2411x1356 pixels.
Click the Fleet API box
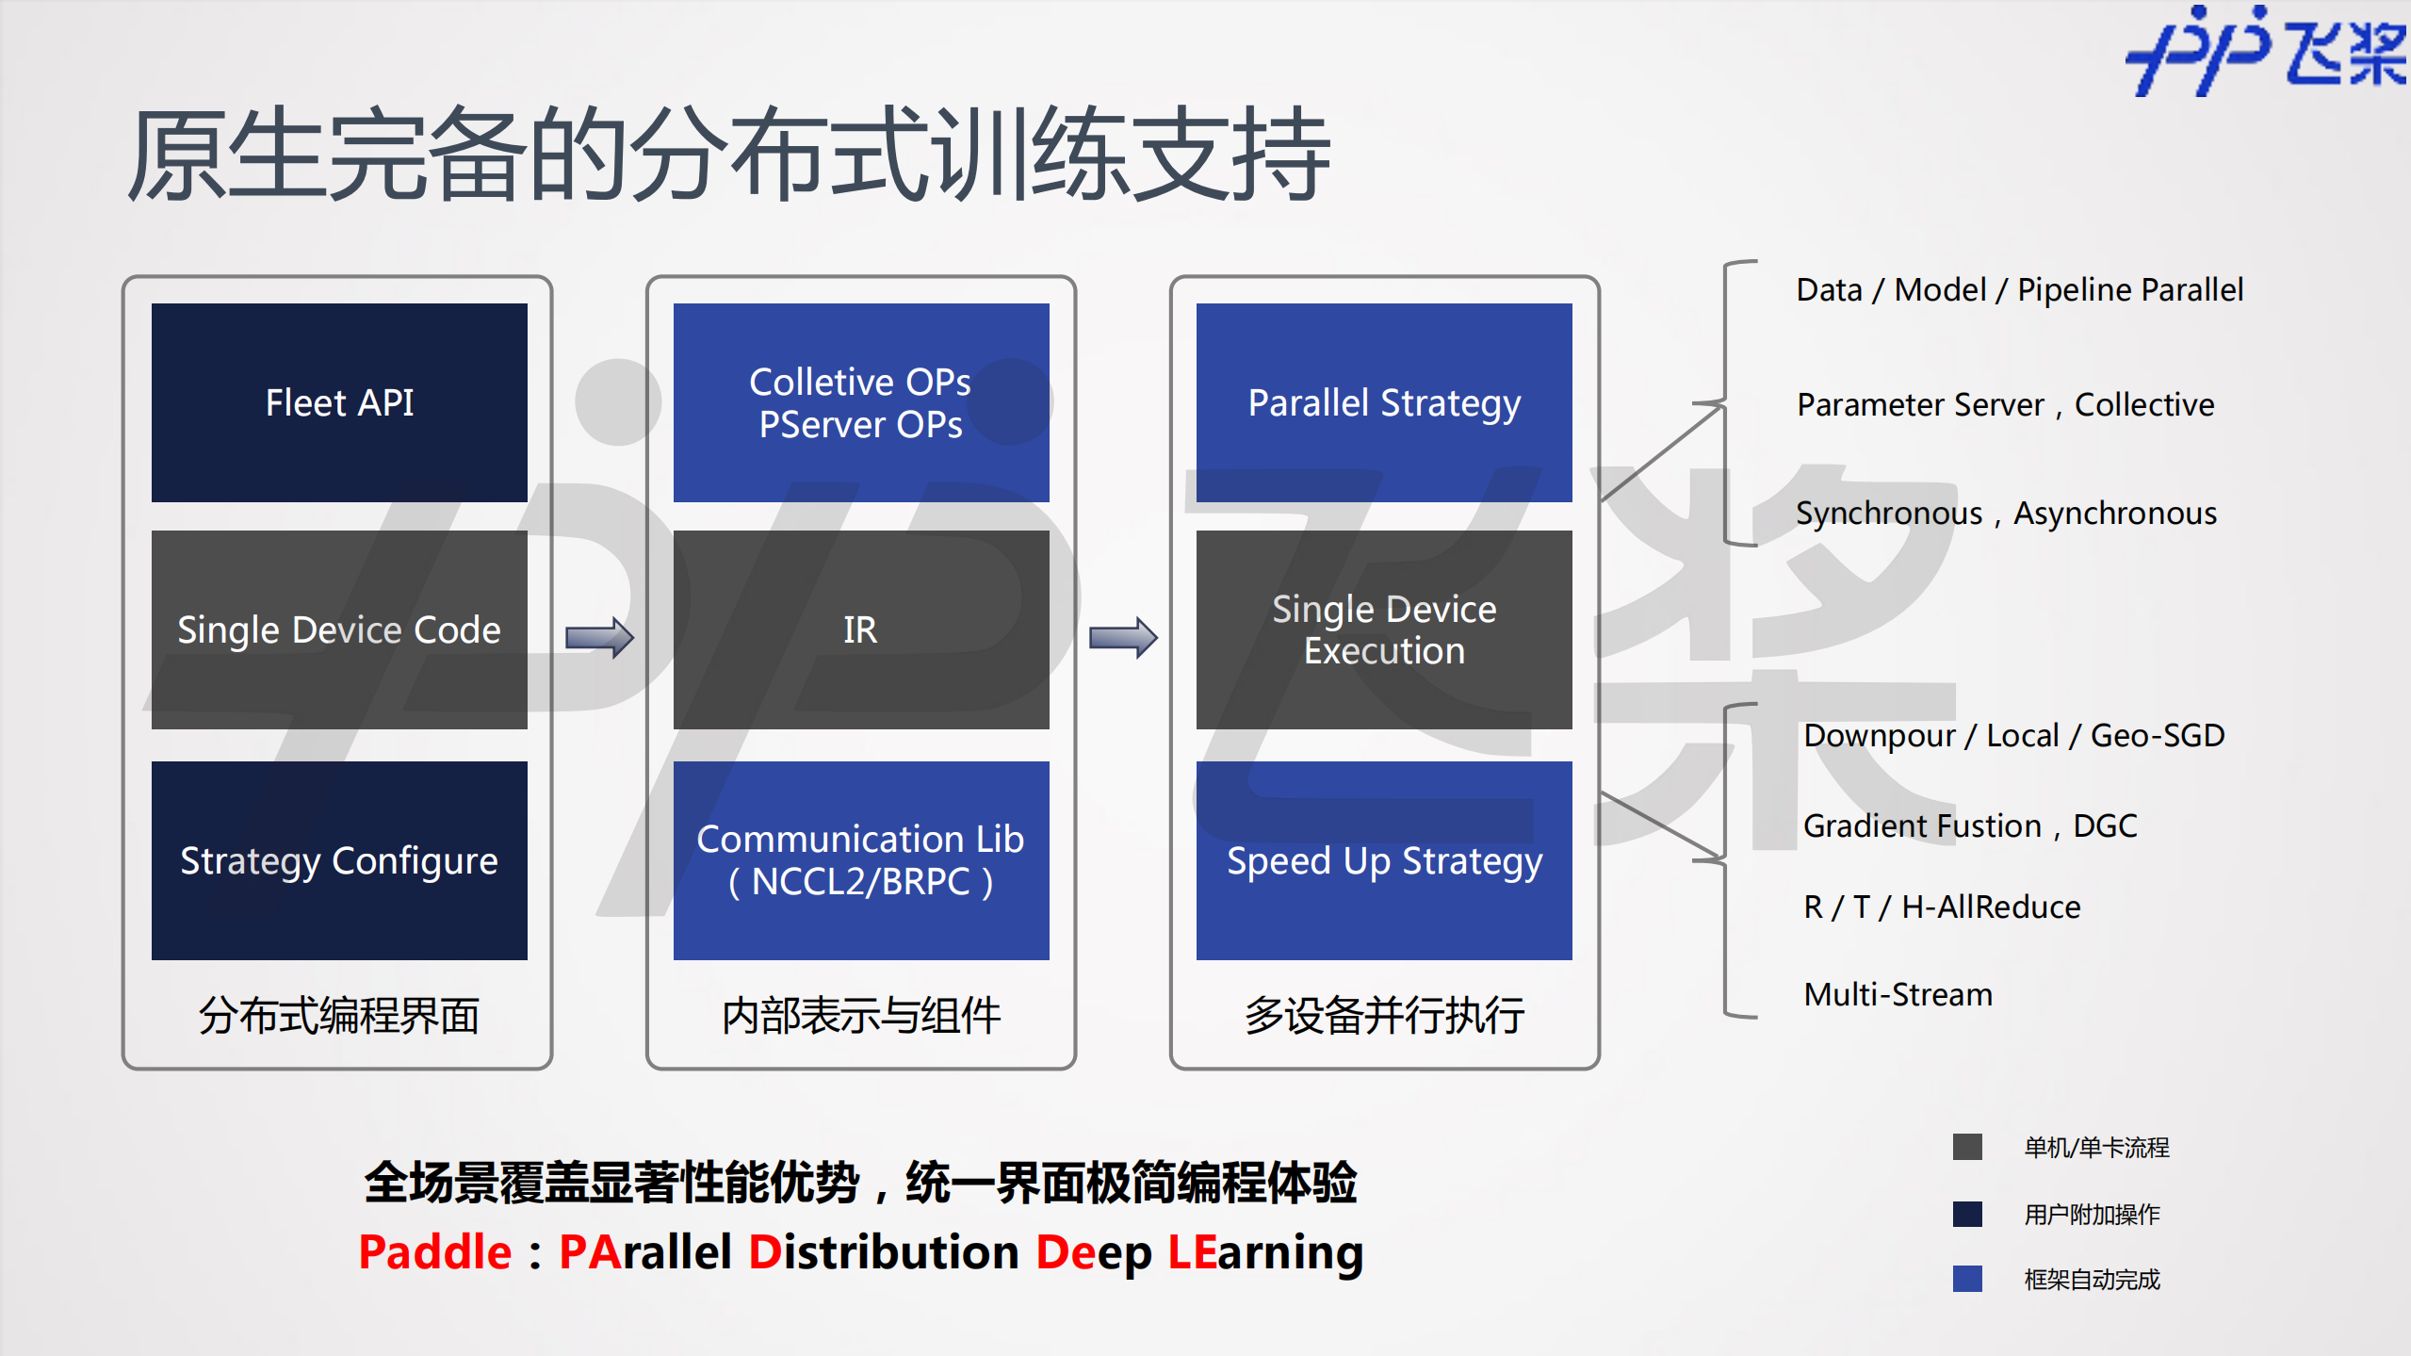click(339, 402)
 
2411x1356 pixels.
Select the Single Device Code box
click(339, 629)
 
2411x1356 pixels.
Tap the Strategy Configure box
click(339, 860)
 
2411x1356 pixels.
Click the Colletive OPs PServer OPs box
click(861, 402)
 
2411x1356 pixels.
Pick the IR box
click(861, 629)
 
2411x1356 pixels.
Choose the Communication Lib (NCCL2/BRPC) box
click(861, 860)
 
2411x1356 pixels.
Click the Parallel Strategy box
click(1384, 402)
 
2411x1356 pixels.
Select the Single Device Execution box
click(1384, 629)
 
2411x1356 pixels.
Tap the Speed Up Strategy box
click(1384, 860)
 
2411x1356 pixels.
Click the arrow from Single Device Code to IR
click(600, 638)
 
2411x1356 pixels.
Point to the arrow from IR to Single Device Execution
click(1123, 638)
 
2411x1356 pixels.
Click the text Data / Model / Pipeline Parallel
click(2019, 290)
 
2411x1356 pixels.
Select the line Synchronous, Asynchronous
click(2006, 514)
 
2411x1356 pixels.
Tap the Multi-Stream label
click(1898, 995)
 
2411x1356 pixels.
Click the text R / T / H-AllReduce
click(1942, 907)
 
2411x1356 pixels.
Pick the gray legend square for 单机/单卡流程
click(1967, 1147)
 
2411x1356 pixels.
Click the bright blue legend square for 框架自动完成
click(1967, 1279)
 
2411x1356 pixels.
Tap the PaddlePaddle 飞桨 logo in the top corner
click(2266, 52)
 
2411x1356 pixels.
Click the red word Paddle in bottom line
click(434, 1252)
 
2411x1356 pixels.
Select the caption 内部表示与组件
click(861, 1016)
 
